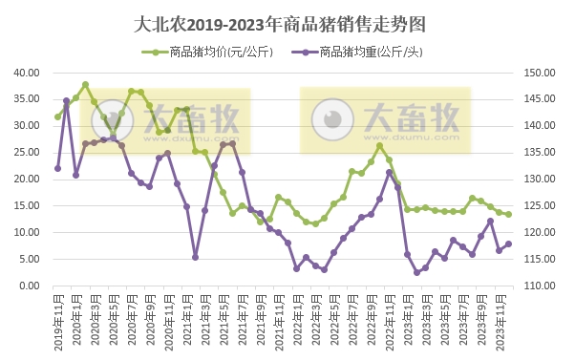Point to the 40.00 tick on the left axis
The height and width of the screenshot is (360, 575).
26,73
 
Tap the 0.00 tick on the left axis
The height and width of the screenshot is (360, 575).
29,286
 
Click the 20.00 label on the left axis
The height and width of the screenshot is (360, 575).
26,180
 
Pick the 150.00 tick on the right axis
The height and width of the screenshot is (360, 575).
538,73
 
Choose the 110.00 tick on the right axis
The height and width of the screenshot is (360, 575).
538,286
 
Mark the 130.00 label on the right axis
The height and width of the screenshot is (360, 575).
538,180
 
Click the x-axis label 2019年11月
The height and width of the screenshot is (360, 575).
58,322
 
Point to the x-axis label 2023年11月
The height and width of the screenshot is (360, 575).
500,322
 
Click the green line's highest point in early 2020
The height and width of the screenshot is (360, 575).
85,84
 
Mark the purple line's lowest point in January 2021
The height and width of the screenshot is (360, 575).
196,257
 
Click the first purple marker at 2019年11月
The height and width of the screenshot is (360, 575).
57,168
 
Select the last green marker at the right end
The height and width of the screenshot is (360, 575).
509,214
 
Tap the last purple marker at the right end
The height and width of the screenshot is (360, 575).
509,244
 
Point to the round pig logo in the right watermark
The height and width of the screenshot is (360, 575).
331,118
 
